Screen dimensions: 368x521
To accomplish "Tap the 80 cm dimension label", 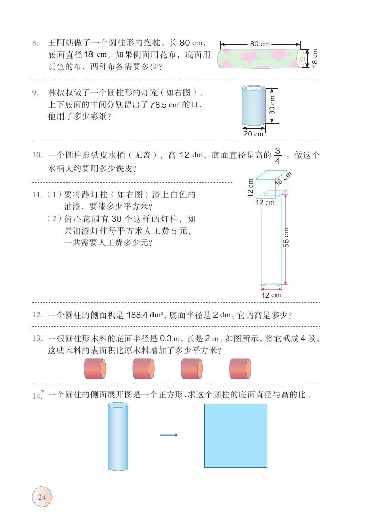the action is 260,44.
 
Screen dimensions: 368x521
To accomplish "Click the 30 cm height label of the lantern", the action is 272,105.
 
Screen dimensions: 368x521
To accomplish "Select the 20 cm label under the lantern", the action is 254,134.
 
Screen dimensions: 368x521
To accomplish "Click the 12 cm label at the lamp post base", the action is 271,295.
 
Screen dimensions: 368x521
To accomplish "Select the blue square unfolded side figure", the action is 235,436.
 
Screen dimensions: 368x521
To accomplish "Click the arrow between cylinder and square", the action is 169,435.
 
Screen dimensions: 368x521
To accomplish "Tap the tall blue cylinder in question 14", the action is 118,436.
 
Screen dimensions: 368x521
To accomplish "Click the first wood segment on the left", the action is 95,368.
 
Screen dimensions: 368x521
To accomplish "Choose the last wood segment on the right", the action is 240,368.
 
